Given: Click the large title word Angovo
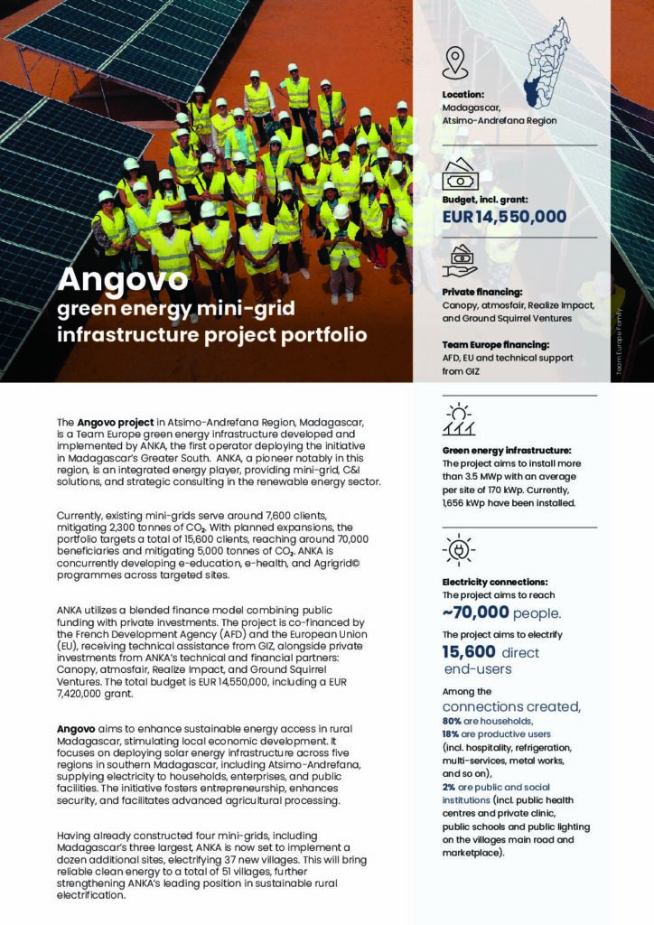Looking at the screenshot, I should pyautogui.click(x=123, y=280).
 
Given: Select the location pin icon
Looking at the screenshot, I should pyautogui.click(x=454, y=61).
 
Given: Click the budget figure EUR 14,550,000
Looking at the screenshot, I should pyautogui.click(x=504, y=217).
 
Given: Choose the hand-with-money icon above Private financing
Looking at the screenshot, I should pyautogui.click(x=459, y=260).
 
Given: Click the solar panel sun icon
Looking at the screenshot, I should pyautogui.click(x=459, y=420).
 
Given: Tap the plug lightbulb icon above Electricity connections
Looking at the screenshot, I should pyautogui.click(x=459, y=550).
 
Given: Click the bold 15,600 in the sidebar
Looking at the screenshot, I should pyautogui.click(x=468, y=652).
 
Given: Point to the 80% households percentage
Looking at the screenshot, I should pyautogui.click(x=452, y=722).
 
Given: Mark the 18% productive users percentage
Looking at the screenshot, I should pyautogui.click(x=452, y=735).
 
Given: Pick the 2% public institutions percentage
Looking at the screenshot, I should pyautogui.click(x=448, y=787).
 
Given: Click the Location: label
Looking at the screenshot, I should pyautogui.click(x=464, y=94).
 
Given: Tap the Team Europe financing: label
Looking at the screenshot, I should pyautogui.click(x=496, y=344).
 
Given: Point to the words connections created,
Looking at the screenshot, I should pyautogui.click(x=511, y=706).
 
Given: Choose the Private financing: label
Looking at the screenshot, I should pyautogui.click(x=481, y=293).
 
